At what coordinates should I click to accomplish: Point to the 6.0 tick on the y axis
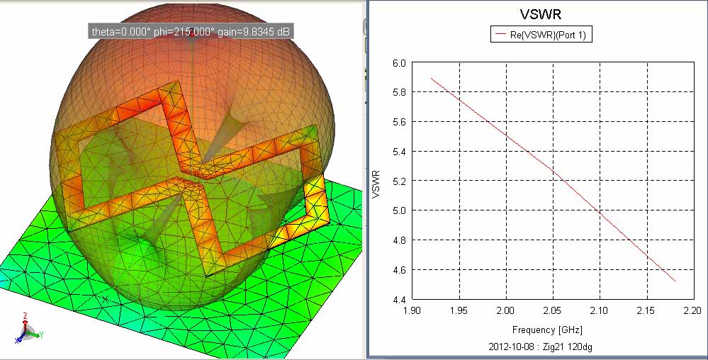tap(400, 62)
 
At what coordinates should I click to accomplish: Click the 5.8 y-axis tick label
tap(400, 92)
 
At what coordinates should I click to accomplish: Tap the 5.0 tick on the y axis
tap(400, 210)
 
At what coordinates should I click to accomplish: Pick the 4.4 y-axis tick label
tap(400, 300)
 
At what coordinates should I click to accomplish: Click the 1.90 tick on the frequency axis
tap(413, 310)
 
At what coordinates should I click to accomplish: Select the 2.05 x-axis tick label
tap(553, 310)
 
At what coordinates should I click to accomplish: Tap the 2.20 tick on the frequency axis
tap(692, 310)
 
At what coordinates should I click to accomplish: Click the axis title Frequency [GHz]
tap(546, 330)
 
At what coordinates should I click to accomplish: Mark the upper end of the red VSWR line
tap(432, 78)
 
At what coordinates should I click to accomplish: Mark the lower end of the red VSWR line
tap(675, 281)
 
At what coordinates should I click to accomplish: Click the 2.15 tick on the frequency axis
tap(646, 310)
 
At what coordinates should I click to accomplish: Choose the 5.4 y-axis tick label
tap(400, 152)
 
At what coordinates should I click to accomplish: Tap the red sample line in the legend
tap(501, 33)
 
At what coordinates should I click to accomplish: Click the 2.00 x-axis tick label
tap(506, 310)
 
